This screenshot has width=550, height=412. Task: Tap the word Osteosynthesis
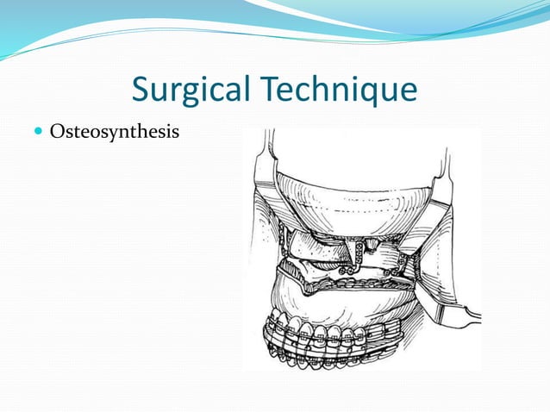pos(115,133)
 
